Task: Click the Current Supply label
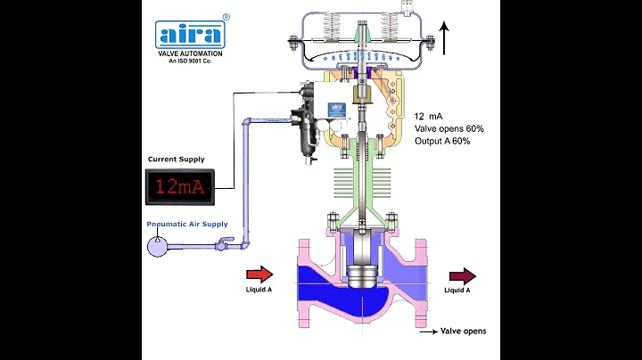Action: tap(179, 159)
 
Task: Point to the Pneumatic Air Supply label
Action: tap(187, 224)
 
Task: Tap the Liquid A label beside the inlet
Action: tap(259, 290)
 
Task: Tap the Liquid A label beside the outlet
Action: tap(458, 290)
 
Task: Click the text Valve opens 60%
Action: tap(449, 129)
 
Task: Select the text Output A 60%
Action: tap(443, 142)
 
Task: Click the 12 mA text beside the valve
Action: tap(429, 117)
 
